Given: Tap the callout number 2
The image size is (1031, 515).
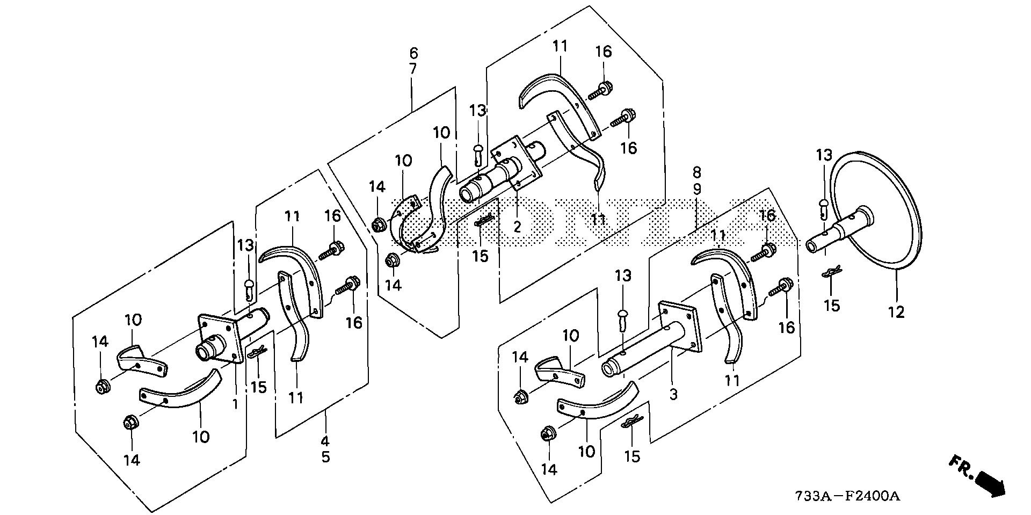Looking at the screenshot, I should click(517, 226).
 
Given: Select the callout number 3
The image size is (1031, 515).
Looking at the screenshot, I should click(673, 395).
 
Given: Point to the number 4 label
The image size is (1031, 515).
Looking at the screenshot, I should click(325, 442).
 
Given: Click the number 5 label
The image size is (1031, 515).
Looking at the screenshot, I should click(325, 458).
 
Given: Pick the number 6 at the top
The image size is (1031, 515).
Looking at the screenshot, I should click(413, 53).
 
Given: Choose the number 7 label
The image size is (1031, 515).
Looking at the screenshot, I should click(413, 69).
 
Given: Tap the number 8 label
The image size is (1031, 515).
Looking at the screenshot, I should click(697, 173).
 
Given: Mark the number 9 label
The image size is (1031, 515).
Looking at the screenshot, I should click(697, 188).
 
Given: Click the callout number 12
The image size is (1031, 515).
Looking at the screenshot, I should click(896, 311).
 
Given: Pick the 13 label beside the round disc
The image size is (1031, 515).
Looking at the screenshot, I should click(824, 156).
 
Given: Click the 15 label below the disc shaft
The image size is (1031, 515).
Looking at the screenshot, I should click(832, 306).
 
